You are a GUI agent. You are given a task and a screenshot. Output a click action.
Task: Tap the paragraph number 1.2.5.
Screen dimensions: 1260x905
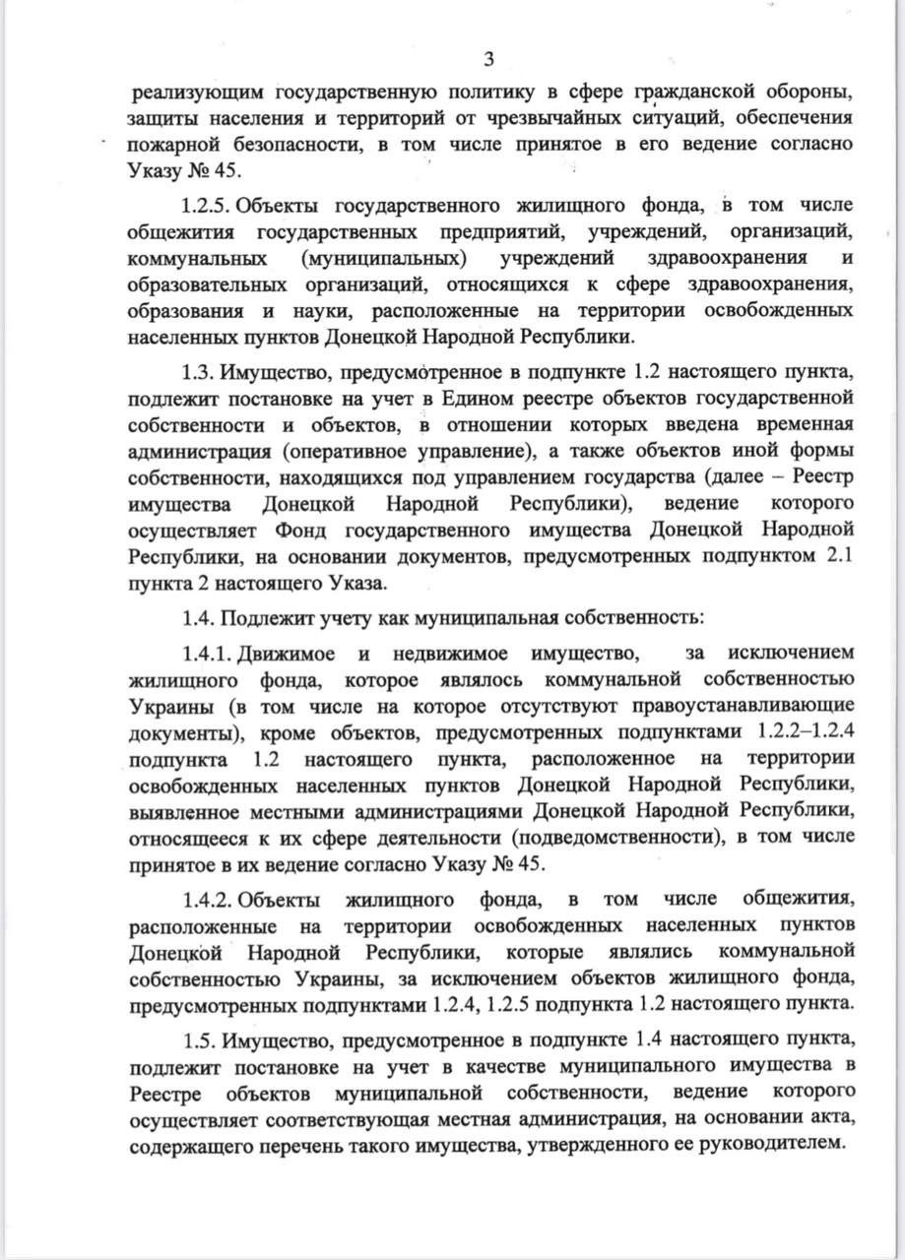tap(205, 207)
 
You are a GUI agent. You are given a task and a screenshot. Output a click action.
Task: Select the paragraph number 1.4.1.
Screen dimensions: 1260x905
tap(205, 654)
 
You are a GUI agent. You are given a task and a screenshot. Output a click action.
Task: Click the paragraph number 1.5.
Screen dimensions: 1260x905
tap(201, 1040)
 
